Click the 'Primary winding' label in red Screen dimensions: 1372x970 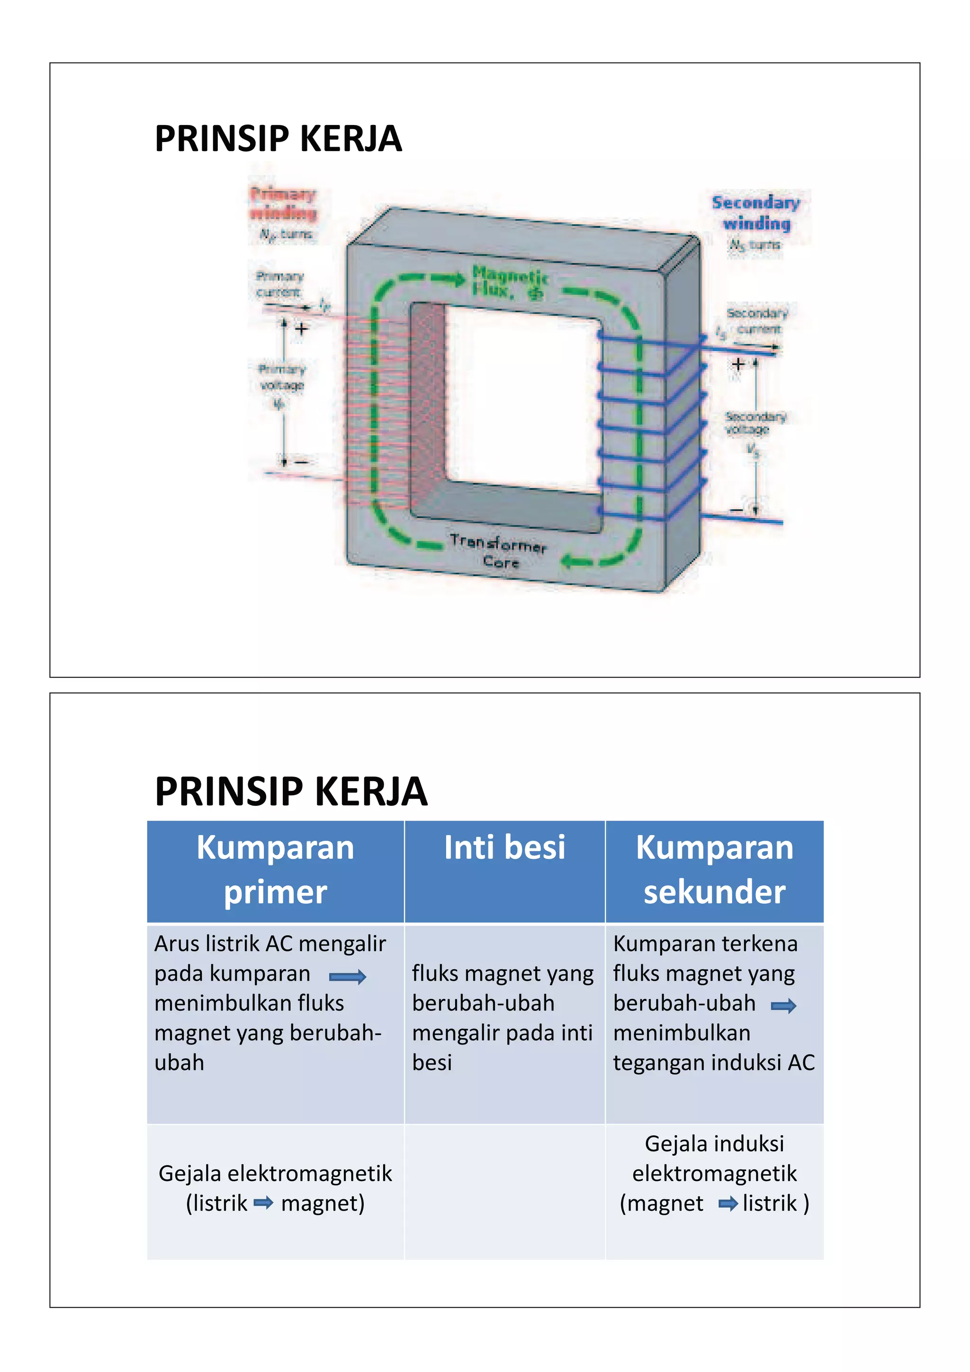283,203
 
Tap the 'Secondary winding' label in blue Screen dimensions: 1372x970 755,213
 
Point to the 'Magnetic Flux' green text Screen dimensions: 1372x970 509,282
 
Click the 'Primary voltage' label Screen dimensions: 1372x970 281,377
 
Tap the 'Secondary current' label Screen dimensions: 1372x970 757,321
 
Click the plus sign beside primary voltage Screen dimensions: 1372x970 302,328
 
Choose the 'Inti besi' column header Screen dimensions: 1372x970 504,847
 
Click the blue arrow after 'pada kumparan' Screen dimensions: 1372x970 347,977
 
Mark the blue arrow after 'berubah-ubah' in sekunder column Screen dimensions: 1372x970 783,1007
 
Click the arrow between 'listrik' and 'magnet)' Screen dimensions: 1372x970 263,1203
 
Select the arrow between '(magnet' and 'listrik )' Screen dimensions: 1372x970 727,1203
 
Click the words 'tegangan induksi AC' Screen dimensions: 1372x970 714,1062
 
